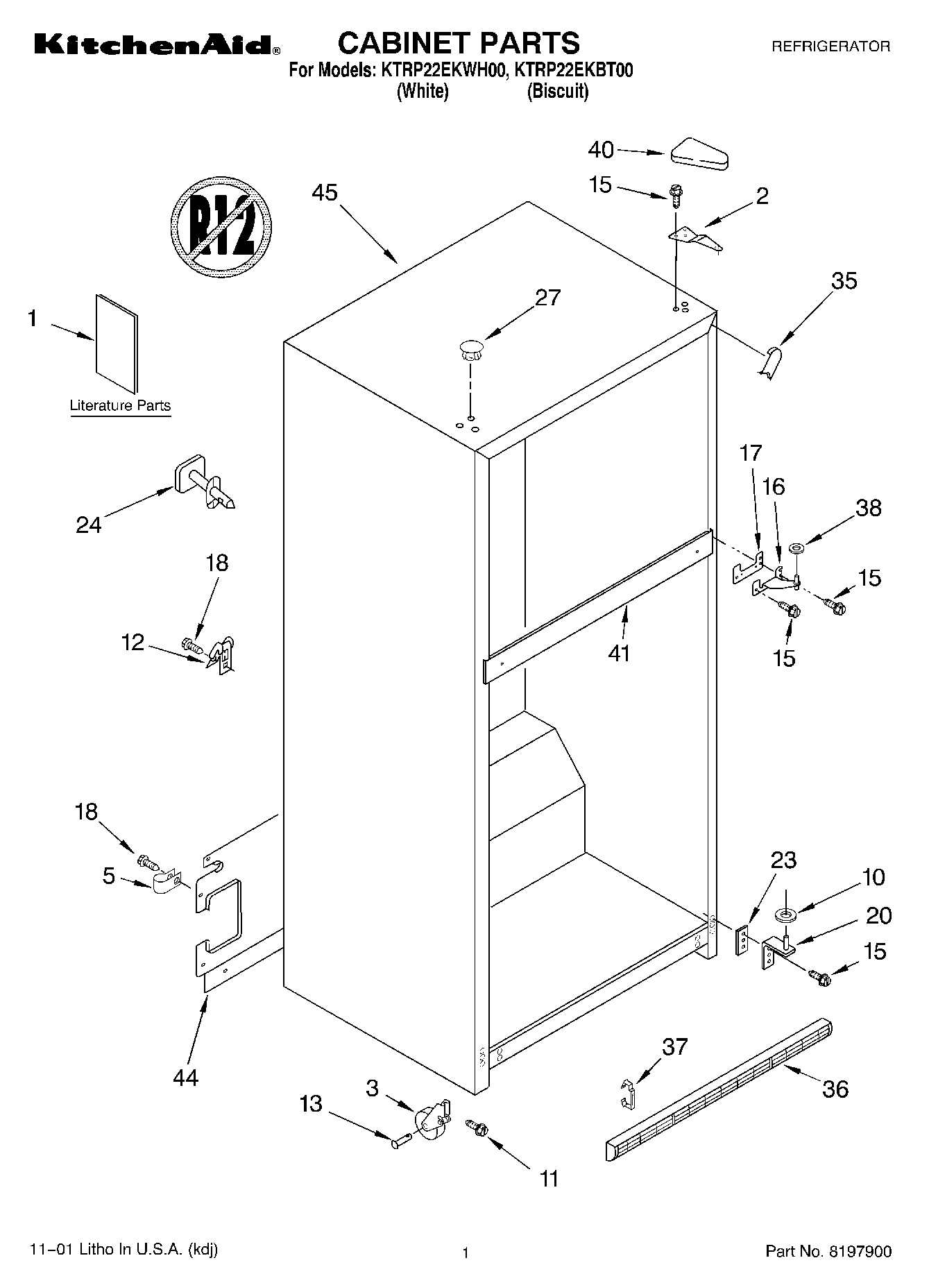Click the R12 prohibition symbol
pos(221,228)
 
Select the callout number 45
pos(324,192)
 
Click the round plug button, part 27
pos(470,349)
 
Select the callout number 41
pos(619,652)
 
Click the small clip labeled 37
pos(627,1094)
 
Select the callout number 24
pos(89,525)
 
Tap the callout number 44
pos(186,1077)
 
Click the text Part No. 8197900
pos(828,1251)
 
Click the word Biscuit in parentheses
pos(558,91)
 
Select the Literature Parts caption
pos(120,405)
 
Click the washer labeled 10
pos(786,915)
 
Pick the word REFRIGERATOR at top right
pos(830,46)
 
